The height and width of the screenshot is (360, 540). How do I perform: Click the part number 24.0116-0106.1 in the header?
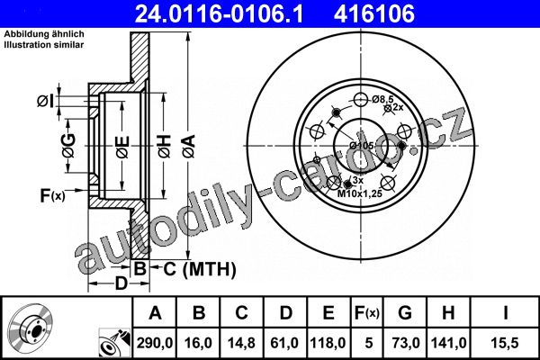(x=219, y=13)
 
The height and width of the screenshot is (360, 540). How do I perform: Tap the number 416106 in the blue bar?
(x=374, y=13)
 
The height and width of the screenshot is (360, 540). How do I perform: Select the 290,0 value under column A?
(x=155, y=343)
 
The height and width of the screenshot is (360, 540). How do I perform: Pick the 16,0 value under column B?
(x=198, y=343)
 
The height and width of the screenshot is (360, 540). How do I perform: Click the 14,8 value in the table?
(x=241, y=343)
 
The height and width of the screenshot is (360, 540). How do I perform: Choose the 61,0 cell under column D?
(x=284, y=343)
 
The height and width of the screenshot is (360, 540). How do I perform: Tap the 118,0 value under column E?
(x=328, y=343)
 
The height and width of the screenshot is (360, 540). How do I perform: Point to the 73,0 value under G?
(x=406, y=343)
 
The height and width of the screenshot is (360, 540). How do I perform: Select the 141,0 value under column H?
(x=449, y=343)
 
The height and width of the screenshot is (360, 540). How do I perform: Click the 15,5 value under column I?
(x=505, y=343)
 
